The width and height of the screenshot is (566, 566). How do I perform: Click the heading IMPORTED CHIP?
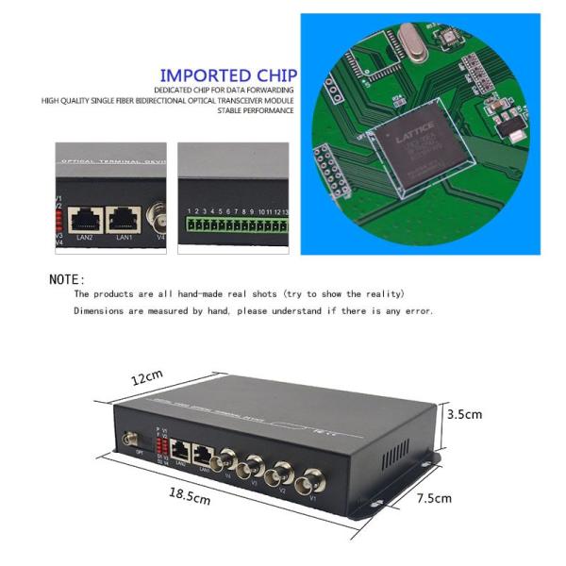(228, 75)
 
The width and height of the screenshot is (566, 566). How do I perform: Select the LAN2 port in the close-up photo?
(85, 219)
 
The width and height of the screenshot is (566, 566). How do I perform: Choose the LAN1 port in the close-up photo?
(123, 219)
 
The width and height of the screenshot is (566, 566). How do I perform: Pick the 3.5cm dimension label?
(465, 414)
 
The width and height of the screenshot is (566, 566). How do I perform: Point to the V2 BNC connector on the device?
(280, 474)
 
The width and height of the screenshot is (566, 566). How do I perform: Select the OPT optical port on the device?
(129, 439)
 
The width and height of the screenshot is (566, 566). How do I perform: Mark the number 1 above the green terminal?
(189, 211)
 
